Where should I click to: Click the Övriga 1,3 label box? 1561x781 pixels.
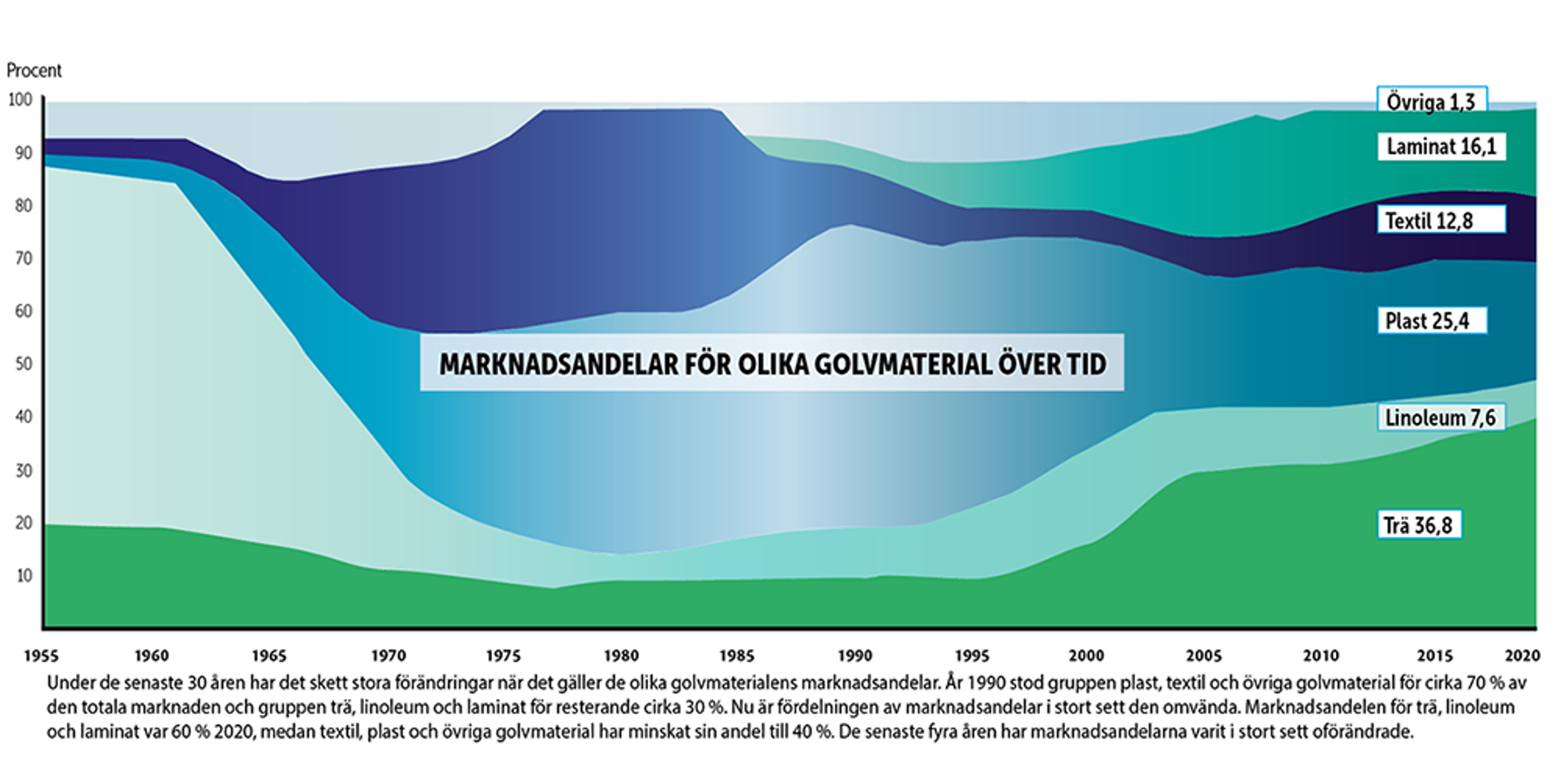pos(1432,100)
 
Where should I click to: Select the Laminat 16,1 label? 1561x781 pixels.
pos(1441,147)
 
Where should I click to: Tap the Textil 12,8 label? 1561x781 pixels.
pos(1441,220)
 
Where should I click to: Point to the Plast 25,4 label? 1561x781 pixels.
pos(1432,321)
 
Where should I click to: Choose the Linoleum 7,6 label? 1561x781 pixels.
pos(1441,417)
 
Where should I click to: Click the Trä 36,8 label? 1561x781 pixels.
pos(1419,525)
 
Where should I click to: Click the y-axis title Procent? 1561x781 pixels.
pos(34,71)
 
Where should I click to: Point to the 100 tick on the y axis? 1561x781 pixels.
pos(20,100)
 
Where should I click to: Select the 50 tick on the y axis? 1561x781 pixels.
pos(24,364)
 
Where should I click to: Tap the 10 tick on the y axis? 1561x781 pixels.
pos(24,576)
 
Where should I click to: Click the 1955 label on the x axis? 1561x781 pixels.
pos(42,655)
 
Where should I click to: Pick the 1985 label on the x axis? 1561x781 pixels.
pos(737,655)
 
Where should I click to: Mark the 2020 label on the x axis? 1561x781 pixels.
pos(1522,655)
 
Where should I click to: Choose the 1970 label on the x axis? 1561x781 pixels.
pos(388,655)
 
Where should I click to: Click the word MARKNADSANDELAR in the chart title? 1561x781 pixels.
pos(558,364)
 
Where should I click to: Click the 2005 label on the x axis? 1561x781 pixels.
pos(1203,655)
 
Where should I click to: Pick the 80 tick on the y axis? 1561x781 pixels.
pos(24,205)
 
